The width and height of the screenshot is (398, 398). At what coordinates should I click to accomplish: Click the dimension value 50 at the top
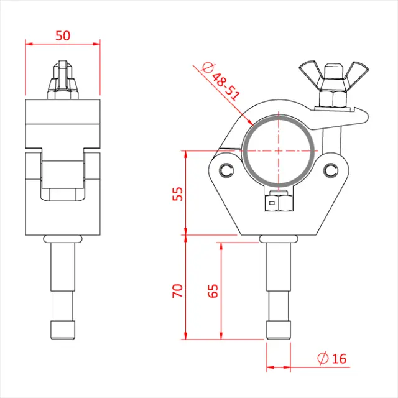(63, 35)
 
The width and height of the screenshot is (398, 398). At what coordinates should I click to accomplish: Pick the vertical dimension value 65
(213, 291)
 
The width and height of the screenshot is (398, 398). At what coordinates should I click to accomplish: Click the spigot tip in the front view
(63, 330)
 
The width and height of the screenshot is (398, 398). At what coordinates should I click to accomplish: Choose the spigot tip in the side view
(279, 330)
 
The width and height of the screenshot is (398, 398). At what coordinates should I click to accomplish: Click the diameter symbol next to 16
(322, 358)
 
